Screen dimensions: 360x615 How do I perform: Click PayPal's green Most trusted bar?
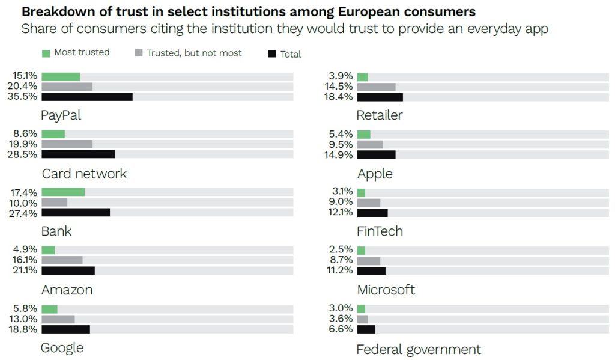coord(61,76)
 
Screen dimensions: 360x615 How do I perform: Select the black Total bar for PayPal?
coord(87,97)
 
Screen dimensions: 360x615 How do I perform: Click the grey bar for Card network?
coord(67,144)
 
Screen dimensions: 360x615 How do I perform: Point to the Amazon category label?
coord(67,290)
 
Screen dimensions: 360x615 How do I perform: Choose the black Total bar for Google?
coord(66,329)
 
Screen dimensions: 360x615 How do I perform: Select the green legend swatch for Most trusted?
coord(46,53)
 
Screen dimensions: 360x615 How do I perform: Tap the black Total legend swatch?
coord(271,54)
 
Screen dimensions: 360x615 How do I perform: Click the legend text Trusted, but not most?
coord(193,53)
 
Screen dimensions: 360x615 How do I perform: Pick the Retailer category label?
coord(379,115)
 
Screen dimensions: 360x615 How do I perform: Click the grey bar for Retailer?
coord(376,87)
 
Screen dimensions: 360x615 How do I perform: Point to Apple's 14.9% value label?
coord(341,154)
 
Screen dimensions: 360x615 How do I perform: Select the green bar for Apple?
coord(363,134)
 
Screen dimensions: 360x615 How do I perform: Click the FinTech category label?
coord(380,231)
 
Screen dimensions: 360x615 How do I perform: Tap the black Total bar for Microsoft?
coord(371,270)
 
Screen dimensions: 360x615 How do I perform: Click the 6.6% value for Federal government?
coord(342,329)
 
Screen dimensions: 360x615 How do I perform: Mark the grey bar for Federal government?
coord(362,319)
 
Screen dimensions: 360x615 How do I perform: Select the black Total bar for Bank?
coord(76,212)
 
